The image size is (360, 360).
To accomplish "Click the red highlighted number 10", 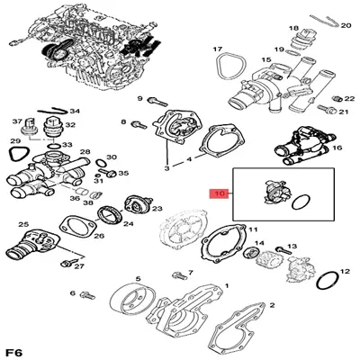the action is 220,193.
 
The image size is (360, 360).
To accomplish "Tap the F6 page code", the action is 14,352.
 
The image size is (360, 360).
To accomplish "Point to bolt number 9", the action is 157,102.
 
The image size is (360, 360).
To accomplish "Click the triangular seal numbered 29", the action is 16,155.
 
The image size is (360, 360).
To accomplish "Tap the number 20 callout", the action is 346,26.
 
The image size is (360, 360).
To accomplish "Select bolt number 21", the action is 326,108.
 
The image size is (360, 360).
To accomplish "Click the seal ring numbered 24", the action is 110,215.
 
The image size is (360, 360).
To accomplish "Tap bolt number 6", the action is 87,295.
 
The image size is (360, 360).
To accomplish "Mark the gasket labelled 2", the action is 237,330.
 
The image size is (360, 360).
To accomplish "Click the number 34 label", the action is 75,112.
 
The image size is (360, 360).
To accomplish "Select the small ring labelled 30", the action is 101,163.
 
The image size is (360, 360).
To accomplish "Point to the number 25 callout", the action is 23,224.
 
